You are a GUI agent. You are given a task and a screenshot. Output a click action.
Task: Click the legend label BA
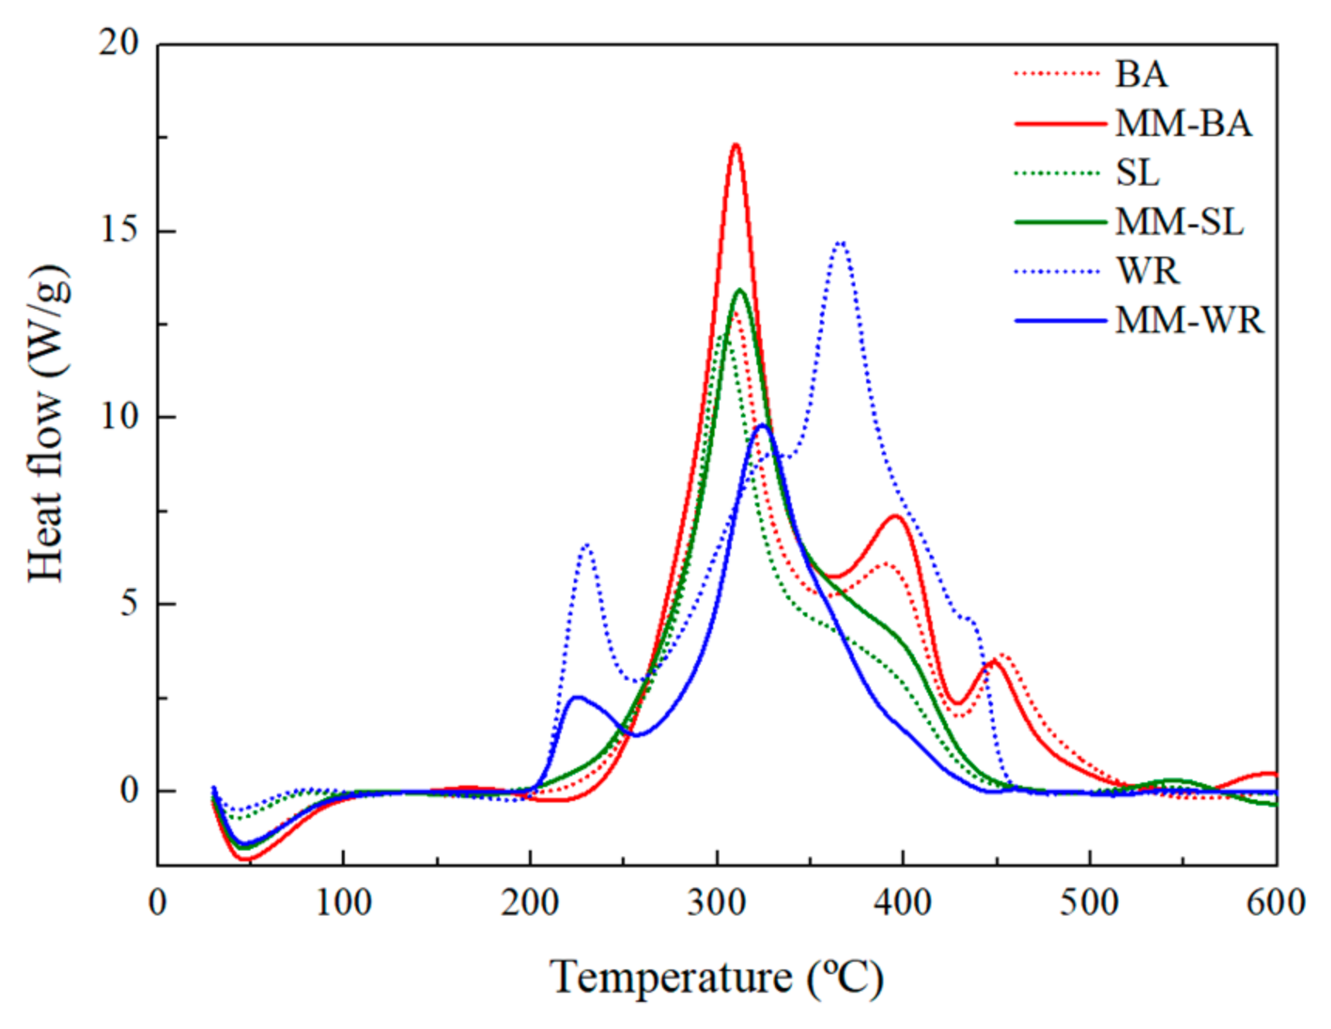[x=1141, y=75]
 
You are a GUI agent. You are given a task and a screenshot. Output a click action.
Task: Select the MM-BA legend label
[x=1183, y=124]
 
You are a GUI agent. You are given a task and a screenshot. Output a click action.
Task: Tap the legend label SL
[x=1138, y=173]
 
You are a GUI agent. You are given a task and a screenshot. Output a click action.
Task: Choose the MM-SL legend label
[x=1179, y=223]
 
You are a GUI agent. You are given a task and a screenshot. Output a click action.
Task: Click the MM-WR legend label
[x=1189, y=320]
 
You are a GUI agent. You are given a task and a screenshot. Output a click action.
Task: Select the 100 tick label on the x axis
[x=343, y=902]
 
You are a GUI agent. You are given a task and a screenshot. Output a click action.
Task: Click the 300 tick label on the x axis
[x=716, y=902]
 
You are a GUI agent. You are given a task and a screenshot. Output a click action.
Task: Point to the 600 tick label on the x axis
[x=1275, y=902]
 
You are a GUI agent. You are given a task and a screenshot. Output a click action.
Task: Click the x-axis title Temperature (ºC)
[x=716, y=977]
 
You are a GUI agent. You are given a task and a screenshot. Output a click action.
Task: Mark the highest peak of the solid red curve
[x=735, y=145]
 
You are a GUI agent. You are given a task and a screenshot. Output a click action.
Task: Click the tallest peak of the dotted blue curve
[x=841, y=243]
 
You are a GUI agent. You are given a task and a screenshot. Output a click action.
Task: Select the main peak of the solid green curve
[x=740, y=290]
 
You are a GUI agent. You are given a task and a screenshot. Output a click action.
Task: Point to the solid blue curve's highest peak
[x=762, y=425]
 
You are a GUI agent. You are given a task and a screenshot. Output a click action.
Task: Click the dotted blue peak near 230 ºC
[x=586, y=545]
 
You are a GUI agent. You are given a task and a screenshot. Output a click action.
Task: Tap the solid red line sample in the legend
[x=1060, y=124]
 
